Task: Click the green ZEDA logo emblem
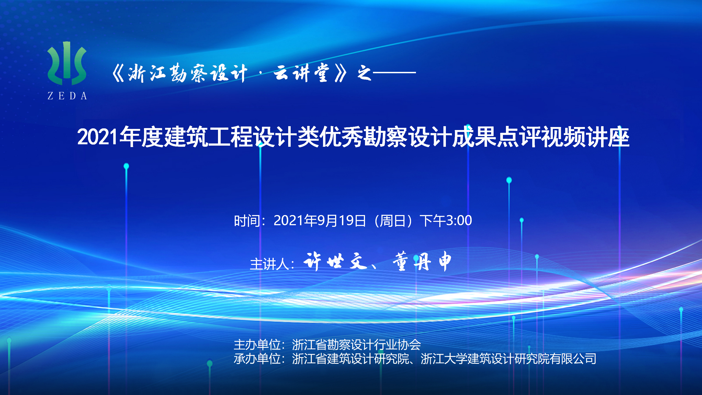coord(67,63)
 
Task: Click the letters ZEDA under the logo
coord(67,96)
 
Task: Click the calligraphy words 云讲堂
coord(302,73)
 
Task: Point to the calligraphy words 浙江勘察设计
coord(188,73)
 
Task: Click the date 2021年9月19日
coord(320,221)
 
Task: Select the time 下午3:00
coord(446,221)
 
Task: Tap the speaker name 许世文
coord(335,261)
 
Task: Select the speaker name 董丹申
coord(422,261)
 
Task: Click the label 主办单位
coord(257,345)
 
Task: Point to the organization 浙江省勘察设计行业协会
coord(356,345)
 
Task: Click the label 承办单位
coord(257,359)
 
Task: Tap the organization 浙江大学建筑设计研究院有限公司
coord(509,359)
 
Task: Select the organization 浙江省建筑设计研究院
coord(350,359)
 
